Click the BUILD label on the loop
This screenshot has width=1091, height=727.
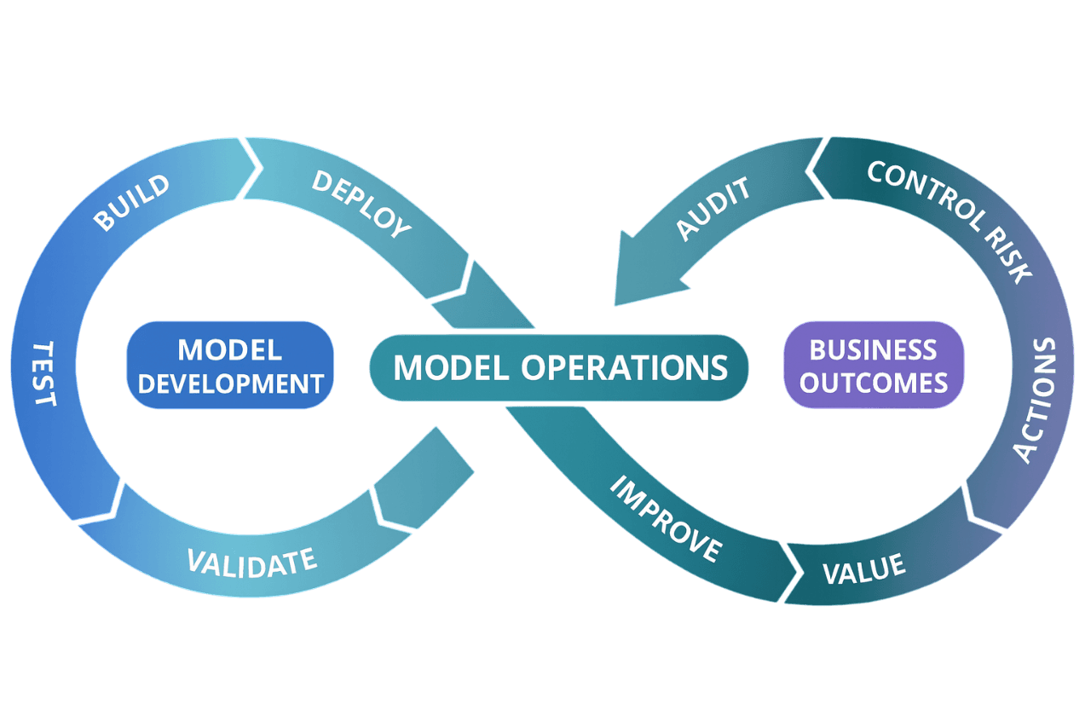(131, 203)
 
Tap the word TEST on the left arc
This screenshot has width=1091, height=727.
(43, 374)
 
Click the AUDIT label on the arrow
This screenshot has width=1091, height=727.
(714, 210)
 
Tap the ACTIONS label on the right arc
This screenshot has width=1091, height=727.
(1034, 400)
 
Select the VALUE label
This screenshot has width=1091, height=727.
(863, 568)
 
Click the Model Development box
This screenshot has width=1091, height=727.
(230, 366)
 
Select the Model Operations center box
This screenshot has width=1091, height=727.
(560, 367)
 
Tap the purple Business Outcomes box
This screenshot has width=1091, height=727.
(874, 366)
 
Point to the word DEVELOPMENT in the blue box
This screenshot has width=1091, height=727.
(230, 384)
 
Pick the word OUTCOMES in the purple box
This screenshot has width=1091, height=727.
(874, 383)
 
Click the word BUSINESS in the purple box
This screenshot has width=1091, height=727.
(873, 349)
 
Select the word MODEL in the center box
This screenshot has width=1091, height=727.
(452, 367)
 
